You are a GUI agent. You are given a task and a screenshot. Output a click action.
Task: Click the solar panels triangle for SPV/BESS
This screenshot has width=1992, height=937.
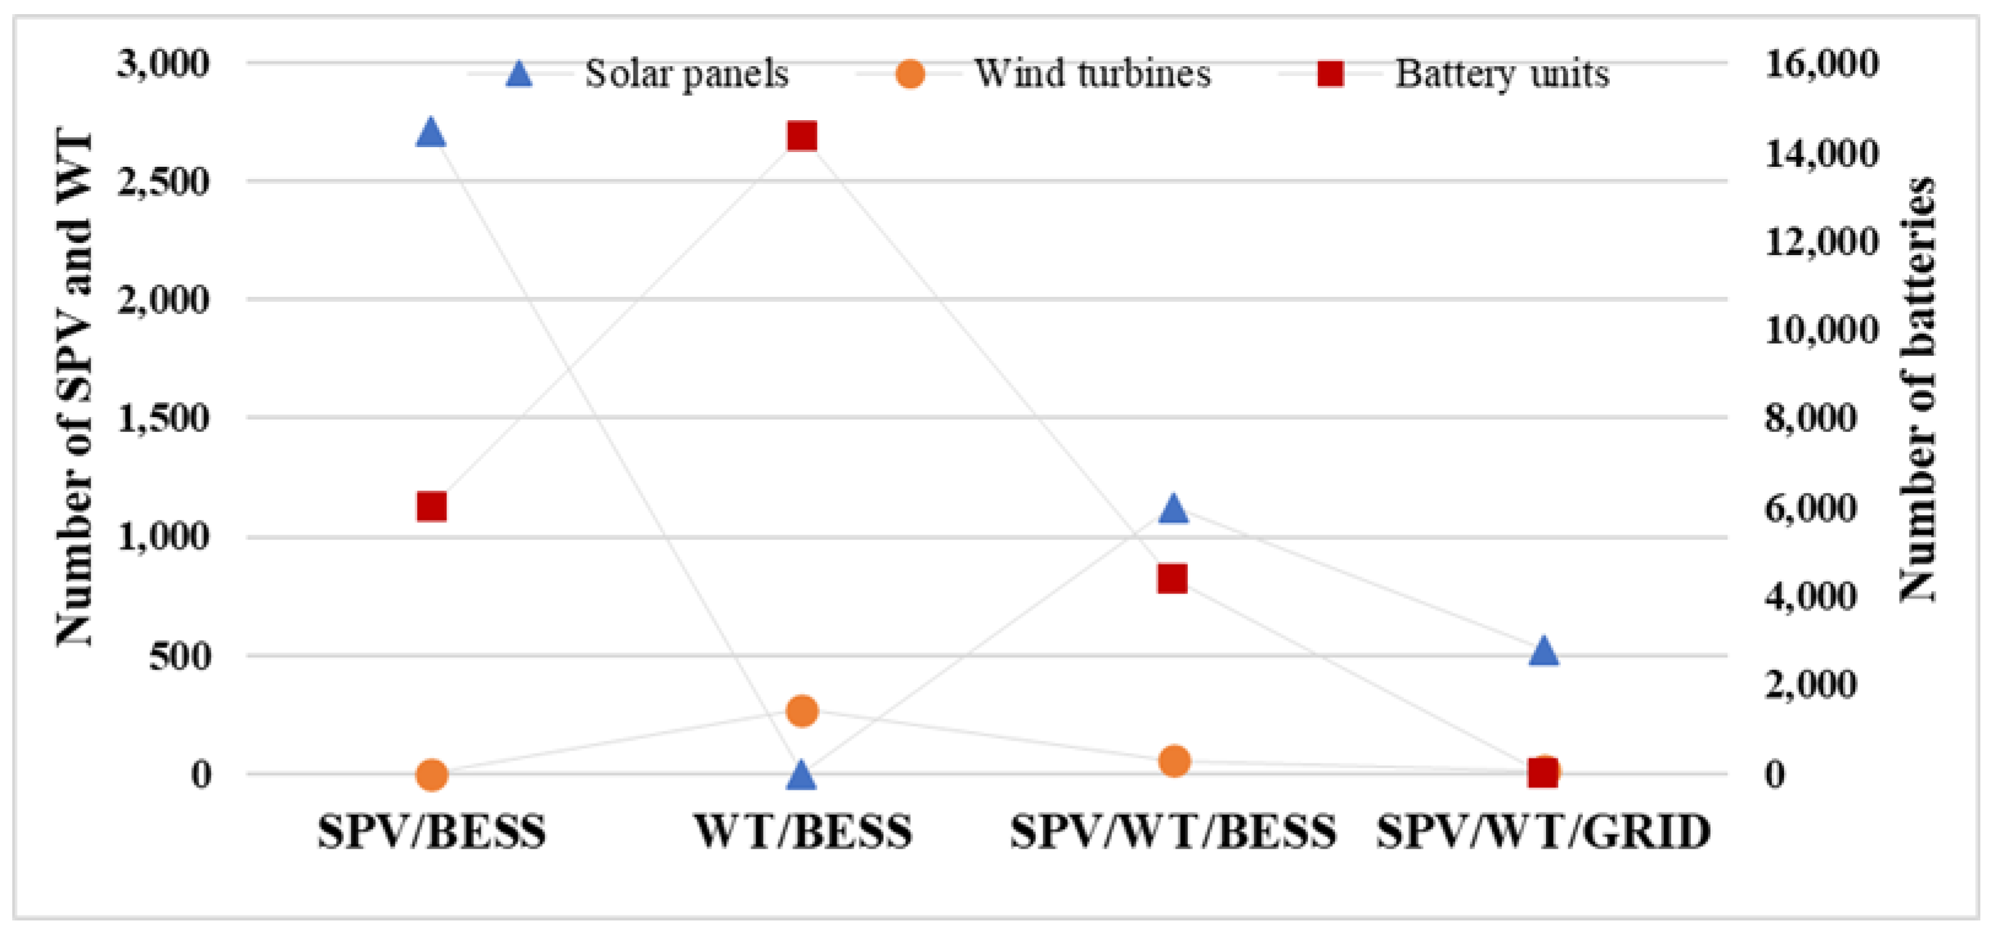431,133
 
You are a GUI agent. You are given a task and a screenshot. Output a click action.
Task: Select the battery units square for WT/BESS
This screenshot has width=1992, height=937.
802,137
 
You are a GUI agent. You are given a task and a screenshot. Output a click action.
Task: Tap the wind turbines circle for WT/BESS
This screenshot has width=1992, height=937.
802,711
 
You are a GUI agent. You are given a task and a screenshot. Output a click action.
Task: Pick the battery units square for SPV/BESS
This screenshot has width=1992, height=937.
432,507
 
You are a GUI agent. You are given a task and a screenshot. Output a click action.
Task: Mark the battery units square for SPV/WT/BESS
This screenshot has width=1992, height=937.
1172,578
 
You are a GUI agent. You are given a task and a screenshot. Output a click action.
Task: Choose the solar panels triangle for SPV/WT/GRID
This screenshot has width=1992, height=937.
1544,652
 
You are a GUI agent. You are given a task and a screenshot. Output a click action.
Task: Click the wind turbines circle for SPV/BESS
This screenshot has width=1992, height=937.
432,774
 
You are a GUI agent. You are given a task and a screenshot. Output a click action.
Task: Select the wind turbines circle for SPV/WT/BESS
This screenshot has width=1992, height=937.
1174,761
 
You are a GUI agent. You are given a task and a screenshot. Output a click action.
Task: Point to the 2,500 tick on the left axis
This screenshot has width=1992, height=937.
163,183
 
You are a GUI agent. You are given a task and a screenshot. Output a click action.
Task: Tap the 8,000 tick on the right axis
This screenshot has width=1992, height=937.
1811,418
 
